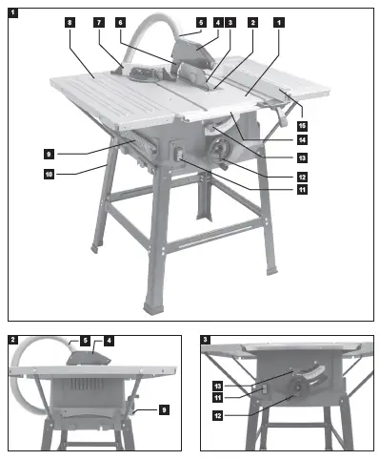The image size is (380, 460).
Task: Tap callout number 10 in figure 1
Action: [x=48, y=174]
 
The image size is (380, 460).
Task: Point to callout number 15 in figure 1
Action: [x=301, y=125]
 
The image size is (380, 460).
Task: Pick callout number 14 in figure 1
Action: [x=301, y=140]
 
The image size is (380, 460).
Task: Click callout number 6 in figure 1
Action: [x=120, y=21]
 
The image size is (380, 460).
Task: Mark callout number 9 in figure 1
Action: [x=48, y=153]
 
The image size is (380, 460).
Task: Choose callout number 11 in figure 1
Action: [x=301, y=189]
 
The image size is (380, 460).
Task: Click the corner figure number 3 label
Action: [x=207, y=339]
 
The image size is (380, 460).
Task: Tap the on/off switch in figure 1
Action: [x=178, y=153]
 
